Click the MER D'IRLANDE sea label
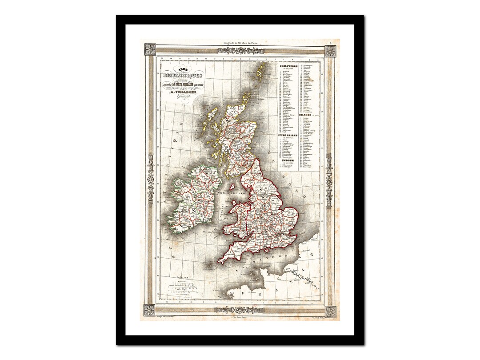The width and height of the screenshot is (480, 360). click(x=227, y=193)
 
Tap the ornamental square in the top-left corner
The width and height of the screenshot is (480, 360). click(x=150, y=49)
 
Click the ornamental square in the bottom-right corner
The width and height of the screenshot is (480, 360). click(x=330, y=311)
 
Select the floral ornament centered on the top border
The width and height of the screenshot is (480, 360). click(x=240, y=51)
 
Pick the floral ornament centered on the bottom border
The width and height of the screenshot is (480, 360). click(x=240, y=309)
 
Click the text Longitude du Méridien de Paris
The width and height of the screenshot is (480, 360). click(x=240, y=43)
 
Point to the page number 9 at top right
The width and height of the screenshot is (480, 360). click(x=336, y=43)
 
